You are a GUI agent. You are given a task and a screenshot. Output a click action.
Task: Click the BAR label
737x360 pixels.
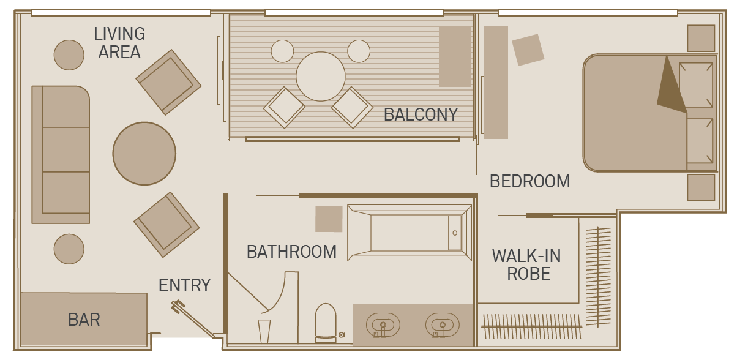click(x=84, y=320)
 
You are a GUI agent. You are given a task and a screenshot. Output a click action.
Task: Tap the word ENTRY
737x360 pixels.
click(x=185, y=285)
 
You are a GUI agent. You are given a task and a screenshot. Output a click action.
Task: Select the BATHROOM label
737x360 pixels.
click(x=291, y=252)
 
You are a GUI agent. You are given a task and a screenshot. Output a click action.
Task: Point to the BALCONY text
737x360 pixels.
click(x=421, y=114)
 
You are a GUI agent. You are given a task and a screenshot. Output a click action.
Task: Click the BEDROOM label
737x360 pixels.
click(x=529, y=181)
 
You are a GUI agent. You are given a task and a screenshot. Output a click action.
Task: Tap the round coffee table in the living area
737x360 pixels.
click(x=144, y=153)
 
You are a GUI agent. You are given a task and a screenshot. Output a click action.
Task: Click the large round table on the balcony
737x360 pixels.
click(x=321, y=77)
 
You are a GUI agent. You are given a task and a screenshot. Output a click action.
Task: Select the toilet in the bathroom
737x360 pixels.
click(x=326, y=323)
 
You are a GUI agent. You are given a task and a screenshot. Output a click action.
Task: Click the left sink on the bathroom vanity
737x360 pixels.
click(x=383, y=324)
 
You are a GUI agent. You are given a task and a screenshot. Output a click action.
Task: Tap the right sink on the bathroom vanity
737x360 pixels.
click(x=442, y=324)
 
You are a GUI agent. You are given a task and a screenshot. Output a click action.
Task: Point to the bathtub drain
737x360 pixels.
click(x=455, y=233)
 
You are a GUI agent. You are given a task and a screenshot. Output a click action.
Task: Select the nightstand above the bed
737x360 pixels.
click(x=701, y=38)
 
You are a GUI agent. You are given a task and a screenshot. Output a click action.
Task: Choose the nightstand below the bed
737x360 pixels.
click(x=701, y=187)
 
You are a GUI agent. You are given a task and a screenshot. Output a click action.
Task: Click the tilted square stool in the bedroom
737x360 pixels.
click(x=528, y=50)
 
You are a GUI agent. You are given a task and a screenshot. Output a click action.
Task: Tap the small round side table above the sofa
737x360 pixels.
click(x=69, y=55)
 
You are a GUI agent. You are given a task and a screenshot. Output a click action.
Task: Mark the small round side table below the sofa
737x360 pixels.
click(x=69, y=249)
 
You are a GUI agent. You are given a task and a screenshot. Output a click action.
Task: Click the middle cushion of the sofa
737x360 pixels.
click(x=66, y=149)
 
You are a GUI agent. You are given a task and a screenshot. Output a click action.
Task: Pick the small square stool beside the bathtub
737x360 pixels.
click(x=329, y=219)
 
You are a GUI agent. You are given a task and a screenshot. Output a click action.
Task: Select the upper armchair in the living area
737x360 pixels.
click(x=168, y=82)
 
